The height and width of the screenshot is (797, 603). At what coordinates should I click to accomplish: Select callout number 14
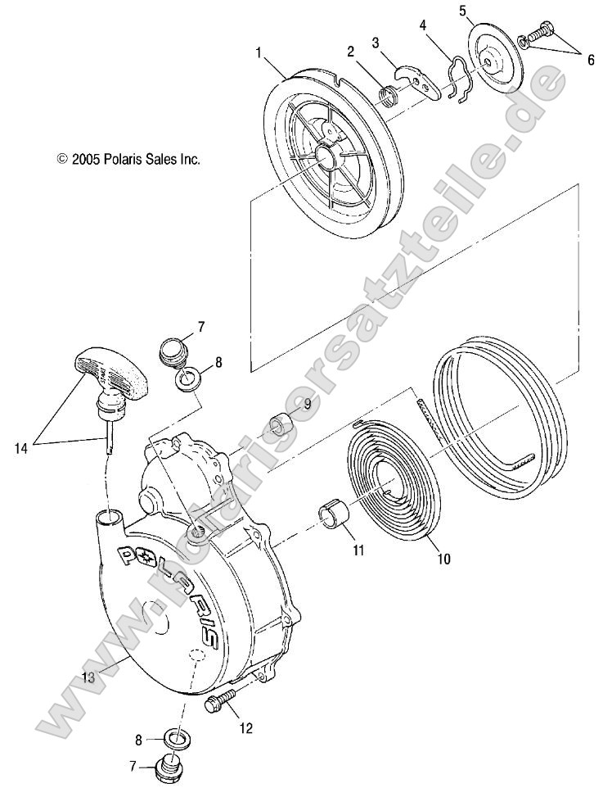click(x=22, y=447)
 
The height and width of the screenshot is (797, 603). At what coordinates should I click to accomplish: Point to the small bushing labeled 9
click(x=281, y=428)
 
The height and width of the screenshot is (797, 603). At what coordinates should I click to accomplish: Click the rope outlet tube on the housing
click(x=110, y=517)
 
